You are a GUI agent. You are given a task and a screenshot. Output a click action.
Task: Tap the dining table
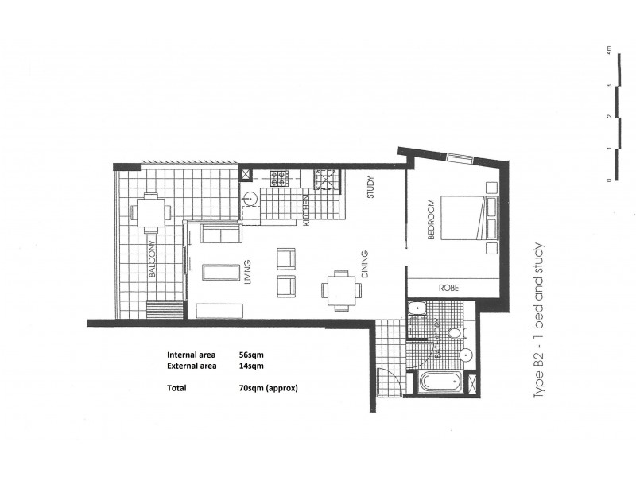339,291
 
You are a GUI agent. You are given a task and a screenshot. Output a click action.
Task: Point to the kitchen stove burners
280,178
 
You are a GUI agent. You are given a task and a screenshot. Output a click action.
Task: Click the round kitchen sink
250,198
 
